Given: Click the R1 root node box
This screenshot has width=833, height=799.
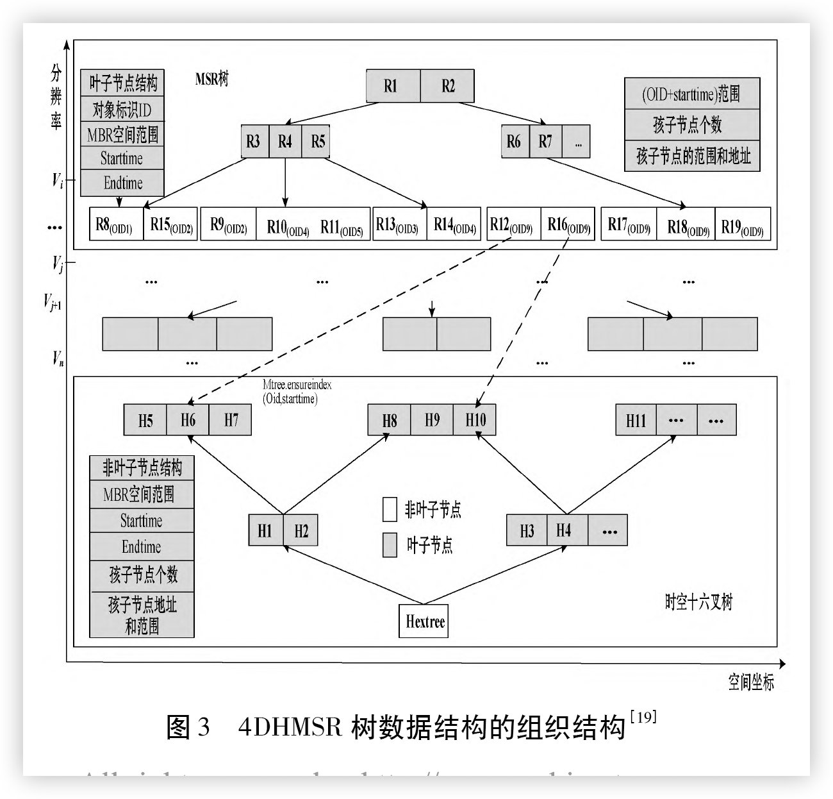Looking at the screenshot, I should pos(392,86).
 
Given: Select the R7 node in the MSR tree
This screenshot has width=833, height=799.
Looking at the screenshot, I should pos(545,142).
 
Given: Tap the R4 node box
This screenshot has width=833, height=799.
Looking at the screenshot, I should pos(285,142).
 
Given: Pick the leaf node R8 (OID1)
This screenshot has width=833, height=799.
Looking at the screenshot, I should pos(116,224).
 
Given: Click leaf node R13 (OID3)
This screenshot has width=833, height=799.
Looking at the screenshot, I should pos(399,224).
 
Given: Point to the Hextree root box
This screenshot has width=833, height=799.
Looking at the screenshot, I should pos(424,621).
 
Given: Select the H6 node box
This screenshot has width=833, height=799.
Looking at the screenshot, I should pos(188,421).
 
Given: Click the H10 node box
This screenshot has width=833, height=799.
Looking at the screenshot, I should pos(475,421).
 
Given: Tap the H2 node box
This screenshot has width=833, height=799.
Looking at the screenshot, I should pos(301,530).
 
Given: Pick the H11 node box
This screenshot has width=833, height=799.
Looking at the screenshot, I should pos(636,421).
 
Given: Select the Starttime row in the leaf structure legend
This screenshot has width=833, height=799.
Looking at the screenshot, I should pos(122,158).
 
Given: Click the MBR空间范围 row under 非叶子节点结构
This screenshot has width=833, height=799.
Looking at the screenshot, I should pos(141,494).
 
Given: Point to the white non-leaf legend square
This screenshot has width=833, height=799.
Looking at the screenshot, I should pos(390,509).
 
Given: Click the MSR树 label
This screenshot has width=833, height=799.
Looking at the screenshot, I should pos(211,80).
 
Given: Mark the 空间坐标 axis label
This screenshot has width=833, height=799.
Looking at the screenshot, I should pos(751,682).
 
